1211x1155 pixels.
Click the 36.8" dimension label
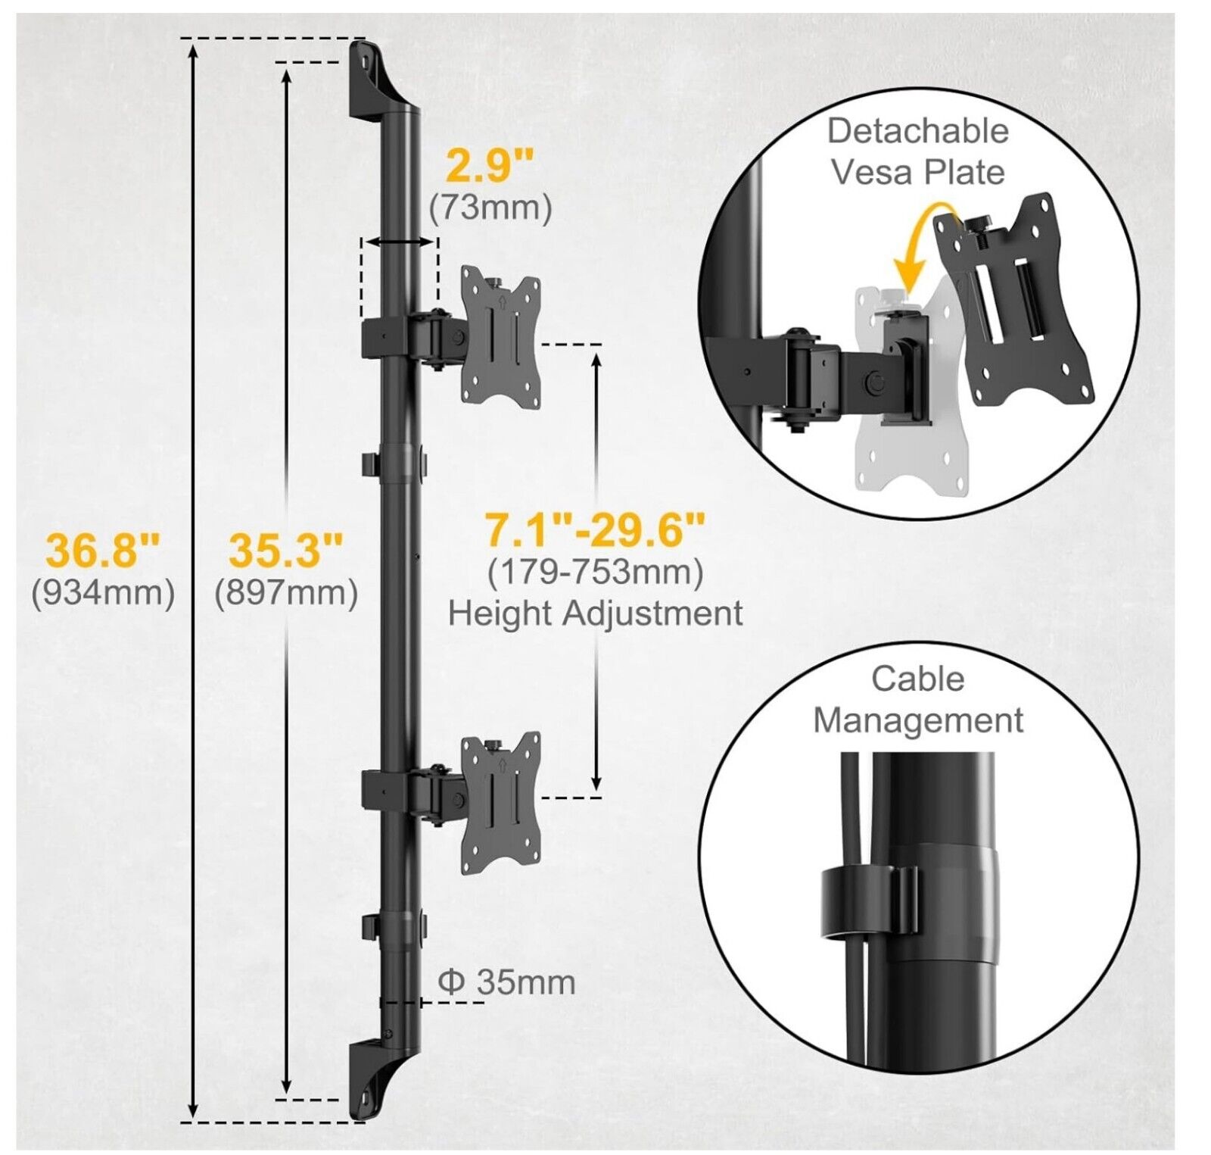(x=104, y=551)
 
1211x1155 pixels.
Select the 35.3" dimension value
(x=286, y=551)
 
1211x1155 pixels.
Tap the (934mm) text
(x=103, y=593)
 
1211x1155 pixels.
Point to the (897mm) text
(x=286, y=593)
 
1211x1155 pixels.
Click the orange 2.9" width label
(x=490, y=165)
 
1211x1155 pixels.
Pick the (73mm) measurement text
(x=490, y=207)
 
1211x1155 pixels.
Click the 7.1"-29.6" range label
(x=595, y=529)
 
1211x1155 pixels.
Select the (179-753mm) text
(x=595, y=572)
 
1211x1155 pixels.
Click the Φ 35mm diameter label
(x=506, y=982)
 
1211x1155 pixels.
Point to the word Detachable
(x=917, y=131)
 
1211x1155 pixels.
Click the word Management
(x=918, y=720)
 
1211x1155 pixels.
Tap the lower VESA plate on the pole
(x=501, y=803)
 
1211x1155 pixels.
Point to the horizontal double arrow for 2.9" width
(x=399, y=242)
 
